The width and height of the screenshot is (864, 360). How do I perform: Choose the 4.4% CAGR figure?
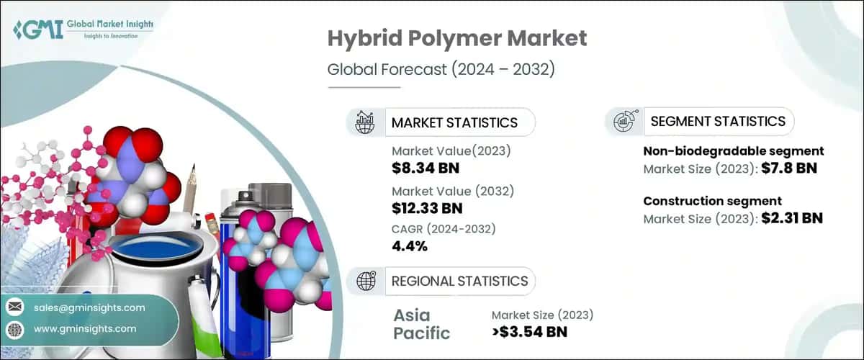point(410,246)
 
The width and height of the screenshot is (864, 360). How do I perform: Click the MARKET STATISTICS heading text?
point(454,122)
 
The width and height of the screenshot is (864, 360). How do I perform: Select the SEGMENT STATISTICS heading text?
point(718,122)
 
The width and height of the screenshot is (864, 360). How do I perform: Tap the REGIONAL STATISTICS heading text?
point(459,281)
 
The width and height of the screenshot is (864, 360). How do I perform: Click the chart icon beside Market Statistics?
point(365,122)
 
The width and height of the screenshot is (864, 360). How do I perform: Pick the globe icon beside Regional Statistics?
point(365,281)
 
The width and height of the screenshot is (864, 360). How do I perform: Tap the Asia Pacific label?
point(422,324)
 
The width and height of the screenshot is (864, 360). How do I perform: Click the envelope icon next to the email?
point(15,307)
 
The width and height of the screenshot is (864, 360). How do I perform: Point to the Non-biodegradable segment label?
point(733,151)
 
